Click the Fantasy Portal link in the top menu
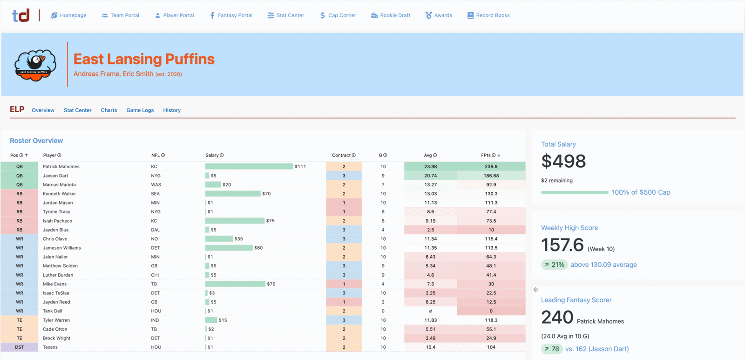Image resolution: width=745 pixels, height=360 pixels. point(231,15)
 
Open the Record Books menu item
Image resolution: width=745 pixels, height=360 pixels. point(488,15)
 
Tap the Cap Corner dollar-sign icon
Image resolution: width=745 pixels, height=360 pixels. point(323,15)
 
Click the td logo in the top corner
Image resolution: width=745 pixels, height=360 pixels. point(21,15)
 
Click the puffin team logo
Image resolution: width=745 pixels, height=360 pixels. point(35,65)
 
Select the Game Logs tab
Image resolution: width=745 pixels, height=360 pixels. point(140,110)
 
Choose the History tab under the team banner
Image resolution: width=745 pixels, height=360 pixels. point(172,110)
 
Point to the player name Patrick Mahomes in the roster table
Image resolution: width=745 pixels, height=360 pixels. point(61,166)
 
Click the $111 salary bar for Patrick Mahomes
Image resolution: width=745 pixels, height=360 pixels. point(249,166)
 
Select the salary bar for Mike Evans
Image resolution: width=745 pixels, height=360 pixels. point(235,284)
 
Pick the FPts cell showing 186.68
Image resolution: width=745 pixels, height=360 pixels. point(491,175)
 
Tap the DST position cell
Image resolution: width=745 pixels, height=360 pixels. point(19,347)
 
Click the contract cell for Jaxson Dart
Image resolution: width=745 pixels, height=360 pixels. point(344,175)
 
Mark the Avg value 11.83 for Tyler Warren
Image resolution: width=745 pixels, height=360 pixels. point(430,320)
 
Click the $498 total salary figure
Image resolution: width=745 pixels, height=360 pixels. point(563,161)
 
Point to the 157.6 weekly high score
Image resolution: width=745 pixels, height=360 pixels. point(562,245)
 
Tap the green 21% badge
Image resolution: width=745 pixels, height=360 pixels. point(555,265)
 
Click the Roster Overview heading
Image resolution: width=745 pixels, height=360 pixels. point(36,140)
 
